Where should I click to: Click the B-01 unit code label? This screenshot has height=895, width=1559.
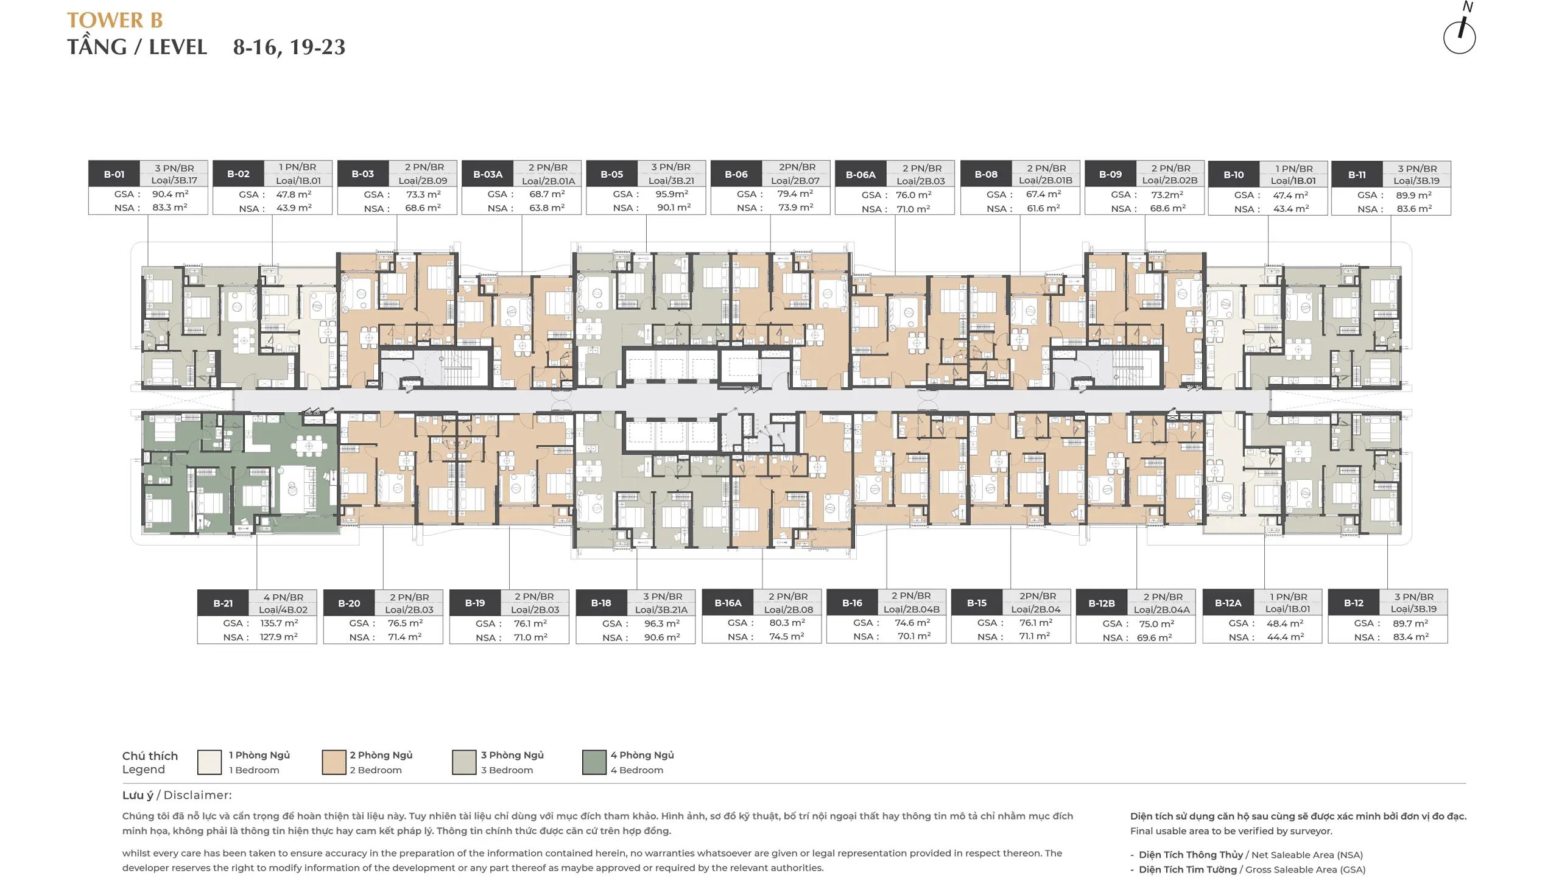[x=114, y=174]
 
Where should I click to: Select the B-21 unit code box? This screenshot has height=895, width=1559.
[x=223, y=603]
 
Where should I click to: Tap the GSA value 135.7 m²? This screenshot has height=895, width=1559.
[x=279, y=623]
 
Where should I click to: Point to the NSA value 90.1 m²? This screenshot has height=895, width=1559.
[x=674, y=208]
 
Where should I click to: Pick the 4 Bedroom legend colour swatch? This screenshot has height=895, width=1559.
[x=594, y=762]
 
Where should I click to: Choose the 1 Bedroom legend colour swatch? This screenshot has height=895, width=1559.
[x=209, y=762]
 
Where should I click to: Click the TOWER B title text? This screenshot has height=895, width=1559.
[x=115, y=20]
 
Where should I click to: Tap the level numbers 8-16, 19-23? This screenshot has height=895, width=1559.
[x=289, y=47]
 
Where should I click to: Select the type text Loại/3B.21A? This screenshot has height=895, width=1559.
[x=661, y=610]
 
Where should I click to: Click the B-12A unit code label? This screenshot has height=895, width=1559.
[x=1228, y=603]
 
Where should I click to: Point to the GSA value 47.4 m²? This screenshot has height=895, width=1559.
[x=1291, y=195]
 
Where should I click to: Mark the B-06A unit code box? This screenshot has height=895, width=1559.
[x=860, y=175]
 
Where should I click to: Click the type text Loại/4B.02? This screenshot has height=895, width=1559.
[x=283, y=610]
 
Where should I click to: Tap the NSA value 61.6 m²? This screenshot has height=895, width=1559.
[x=1043, y=208]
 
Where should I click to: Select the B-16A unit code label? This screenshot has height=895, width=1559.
[x=728, y=603]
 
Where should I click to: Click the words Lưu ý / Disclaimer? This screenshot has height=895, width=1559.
[x=177, y=795]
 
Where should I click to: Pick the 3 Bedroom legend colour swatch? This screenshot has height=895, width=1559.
[x=464, y=762]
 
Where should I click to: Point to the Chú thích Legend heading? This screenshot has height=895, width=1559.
[x=150, y=762]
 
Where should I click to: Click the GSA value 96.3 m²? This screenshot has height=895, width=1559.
[x=662, y=623]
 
